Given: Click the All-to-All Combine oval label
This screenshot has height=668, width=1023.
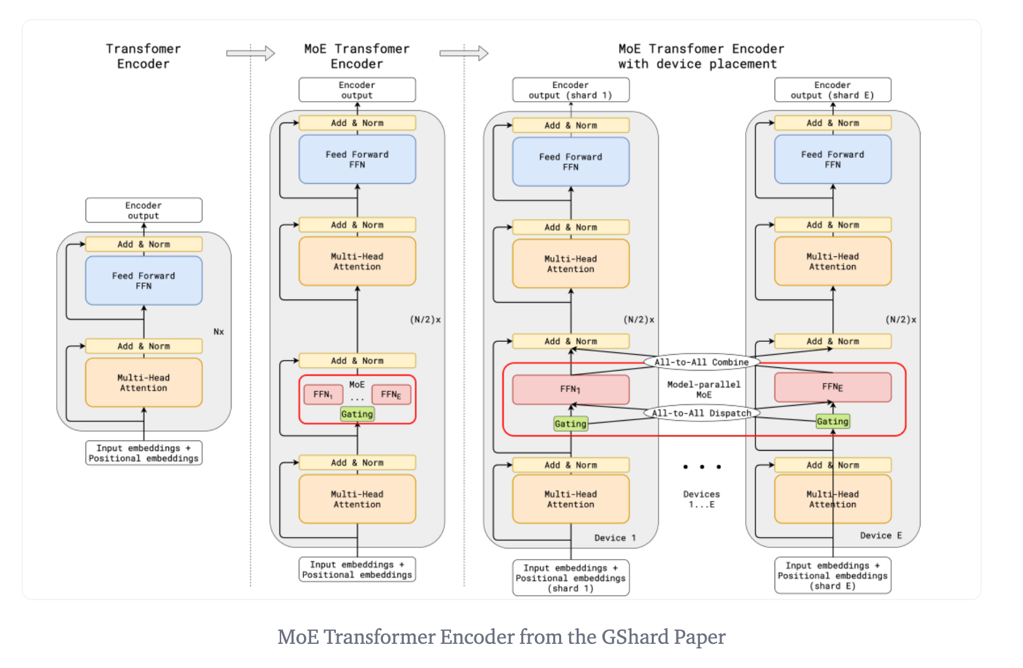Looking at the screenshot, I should coord(701,362).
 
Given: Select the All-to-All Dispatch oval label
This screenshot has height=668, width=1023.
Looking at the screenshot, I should coord(701,413).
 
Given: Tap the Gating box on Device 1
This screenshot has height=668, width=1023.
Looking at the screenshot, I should coord(570,424).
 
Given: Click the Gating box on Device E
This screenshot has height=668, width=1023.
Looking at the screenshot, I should coord(832,421).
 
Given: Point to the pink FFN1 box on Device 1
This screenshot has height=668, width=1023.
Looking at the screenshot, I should coord(570,389).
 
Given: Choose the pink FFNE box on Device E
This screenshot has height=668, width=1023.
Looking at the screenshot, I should coord(832,387).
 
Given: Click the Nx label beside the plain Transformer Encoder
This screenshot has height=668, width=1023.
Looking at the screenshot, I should coord(219,331).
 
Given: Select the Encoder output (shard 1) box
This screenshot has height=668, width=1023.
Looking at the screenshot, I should coord(570,90).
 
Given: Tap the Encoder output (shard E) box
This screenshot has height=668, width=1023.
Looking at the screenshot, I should coord(832,90).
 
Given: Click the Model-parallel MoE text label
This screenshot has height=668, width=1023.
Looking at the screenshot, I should coord(703,389).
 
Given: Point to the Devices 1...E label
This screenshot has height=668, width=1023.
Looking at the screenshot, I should coord(701,499).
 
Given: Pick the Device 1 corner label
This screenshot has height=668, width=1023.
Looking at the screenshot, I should coord(615,538).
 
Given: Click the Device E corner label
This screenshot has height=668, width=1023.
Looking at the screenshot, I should coord(881,536).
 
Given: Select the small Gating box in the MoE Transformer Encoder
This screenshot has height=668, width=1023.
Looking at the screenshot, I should coord(357,414).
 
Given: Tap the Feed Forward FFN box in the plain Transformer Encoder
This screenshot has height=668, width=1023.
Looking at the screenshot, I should coord(144,281).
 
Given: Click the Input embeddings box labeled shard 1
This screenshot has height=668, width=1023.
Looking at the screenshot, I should coord(570,578).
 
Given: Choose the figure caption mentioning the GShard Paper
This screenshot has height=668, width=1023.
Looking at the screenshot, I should coord(501,637).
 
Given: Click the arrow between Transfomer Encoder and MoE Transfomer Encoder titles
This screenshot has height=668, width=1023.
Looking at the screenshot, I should coord(251,53).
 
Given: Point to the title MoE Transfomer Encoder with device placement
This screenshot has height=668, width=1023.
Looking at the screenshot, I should coord(701,56).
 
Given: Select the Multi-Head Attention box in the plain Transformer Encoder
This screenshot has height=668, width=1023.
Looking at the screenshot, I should coord(144,382).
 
